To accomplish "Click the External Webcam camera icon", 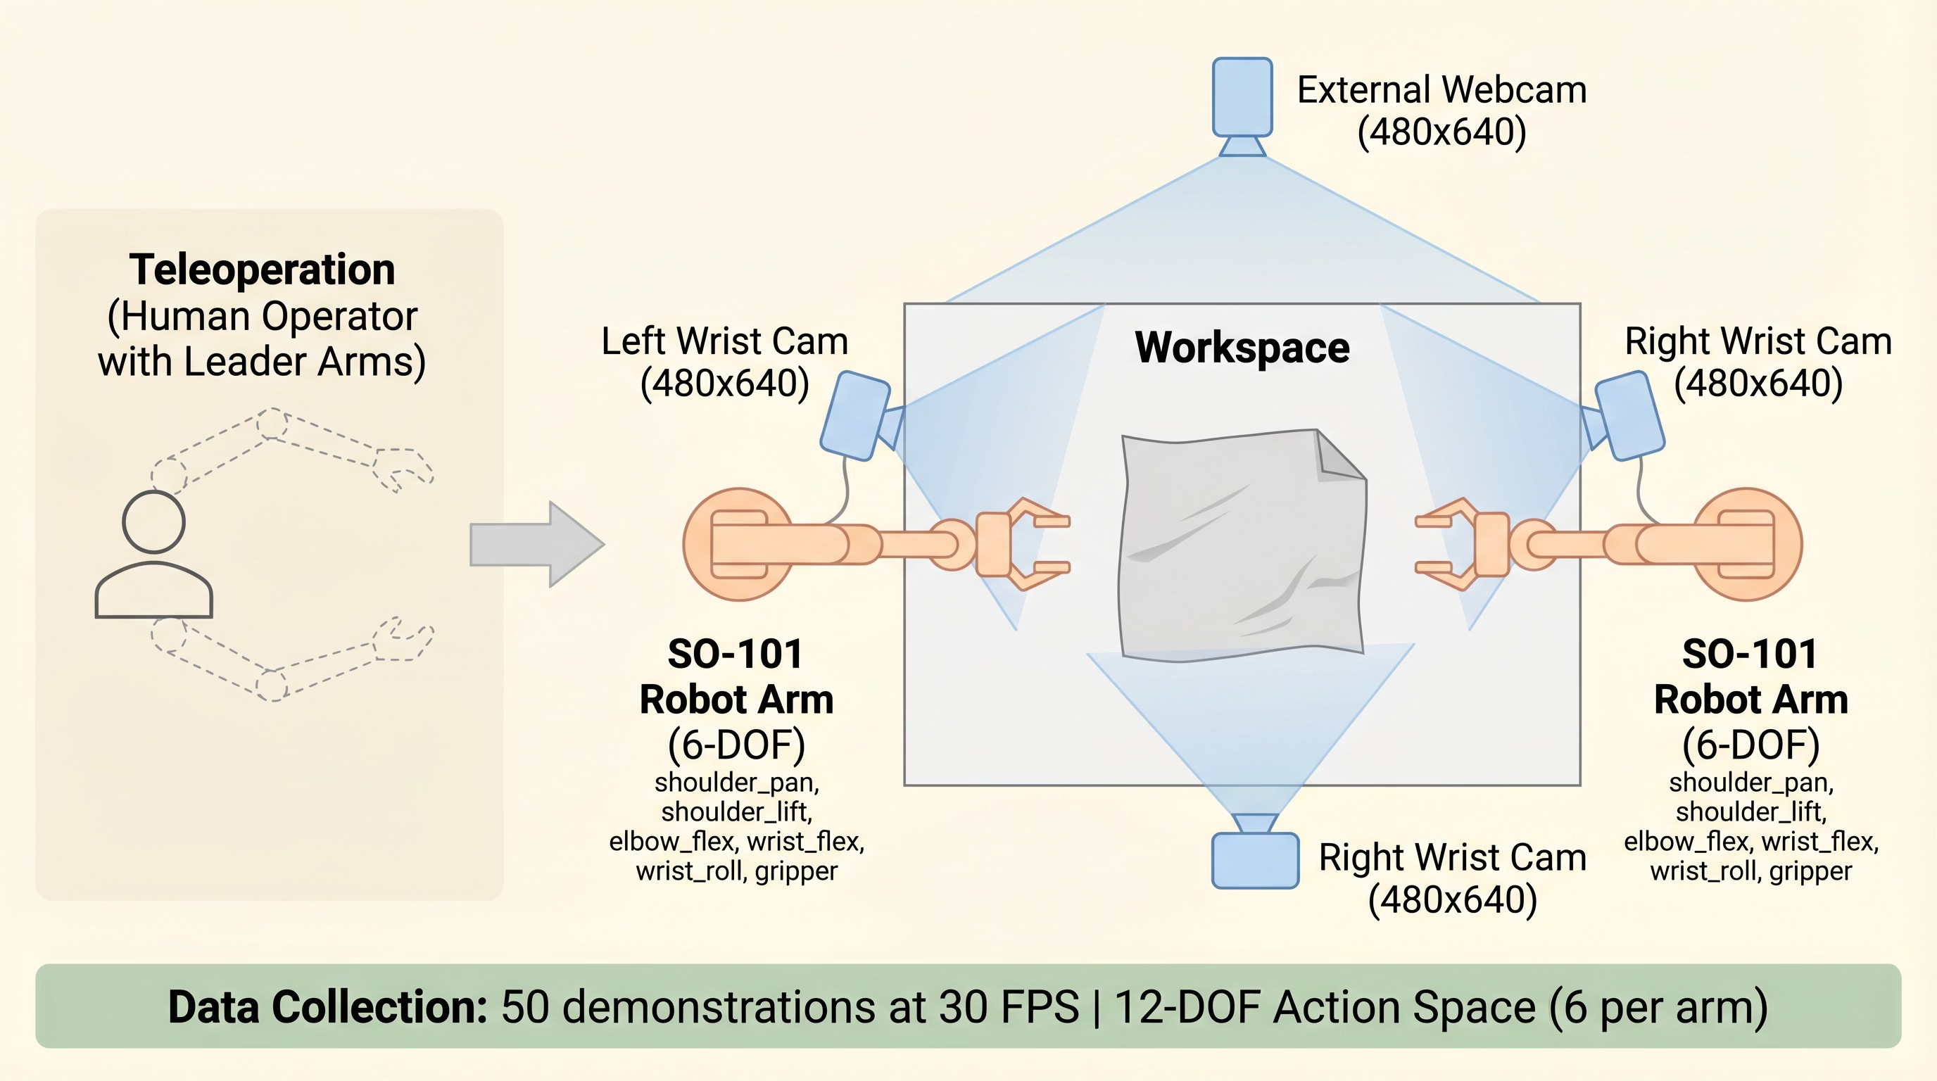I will (x=1242, y=98).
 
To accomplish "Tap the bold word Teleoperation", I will (x=262, y=269).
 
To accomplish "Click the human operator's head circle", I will (x=153, y=521).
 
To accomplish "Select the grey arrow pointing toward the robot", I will (x=536, y=543).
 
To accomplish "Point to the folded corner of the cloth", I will (x=1339, y=457).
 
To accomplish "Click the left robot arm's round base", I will (x=738, y=544).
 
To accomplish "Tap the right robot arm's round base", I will (x=1748, y=544).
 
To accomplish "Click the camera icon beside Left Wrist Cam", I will (x=856, y=415).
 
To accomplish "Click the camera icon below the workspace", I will (x=1255, y=860).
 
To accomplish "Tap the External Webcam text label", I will (x=1441, y=90).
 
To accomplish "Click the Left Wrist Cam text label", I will (x=724, y=341).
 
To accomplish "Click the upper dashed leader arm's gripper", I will (x=403, y=467).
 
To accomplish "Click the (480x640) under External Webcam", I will (x=1441, y=132).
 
